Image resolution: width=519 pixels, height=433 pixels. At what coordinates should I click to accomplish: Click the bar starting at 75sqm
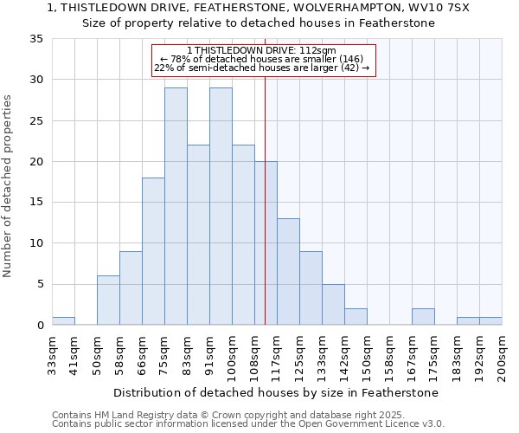(176, 206)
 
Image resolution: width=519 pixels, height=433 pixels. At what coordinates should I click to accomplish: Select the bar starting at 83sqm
(198, 235)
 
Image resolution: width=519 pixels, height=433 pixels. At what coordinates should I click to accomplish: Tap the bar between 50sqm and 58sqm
(108, 301)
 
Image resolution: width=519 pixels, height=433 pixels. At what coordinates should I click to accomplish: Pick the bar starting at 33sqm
(63, 320)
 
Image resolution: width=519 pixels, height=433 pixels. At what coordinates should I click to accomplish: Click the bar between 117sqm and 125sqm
(288, 272)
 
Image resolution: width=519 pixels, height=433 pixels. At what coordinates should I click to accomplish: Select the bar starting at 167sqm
(423, 317)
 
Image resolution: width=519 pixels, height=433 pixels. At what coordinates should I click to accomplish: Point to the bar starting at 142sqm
(356, 317)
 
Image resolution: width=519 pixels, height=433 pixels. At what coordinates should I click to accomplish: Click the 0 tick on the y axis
(40, 326)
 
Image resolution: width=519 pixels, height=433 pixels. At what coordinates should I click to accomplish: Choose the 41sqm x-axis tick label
(74, 354)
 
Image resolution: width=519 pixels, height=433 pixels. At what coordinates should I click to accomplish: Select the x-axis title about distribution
(276, 392)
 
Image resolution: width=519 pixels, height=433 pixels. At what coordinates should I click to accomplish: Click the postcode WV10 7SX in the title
(439, 8)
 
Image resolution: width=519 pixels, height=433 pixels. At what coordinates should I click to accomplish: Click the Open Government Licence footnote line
(248, 424)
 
